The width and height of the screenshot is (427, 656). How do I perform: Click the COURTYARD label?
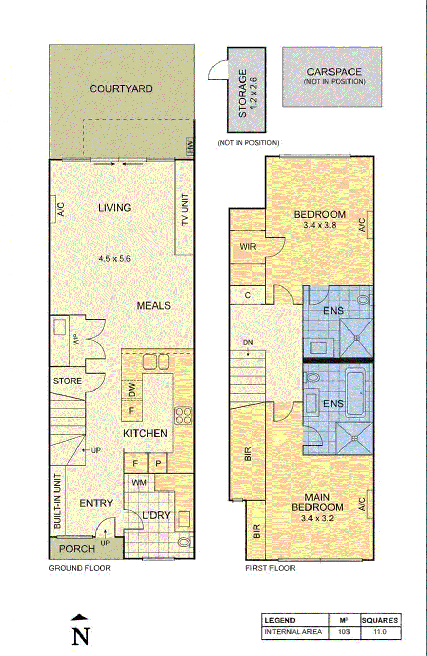pyautogui.click(x=121, y=89)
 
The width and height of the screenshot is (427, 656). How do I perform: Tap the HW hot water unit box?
pyautogui.click(x=190, y=146)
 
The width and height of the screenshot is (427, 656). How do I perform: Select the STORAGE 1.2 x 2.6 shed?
pyautogui.click(x=247, y=90)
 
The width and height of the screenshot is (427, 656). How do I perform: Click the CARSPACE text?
pyautogui.click(x=334, y=72)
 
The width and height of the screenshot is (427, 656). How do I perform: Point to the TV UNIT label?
pyautogui.click(x=185, y=210)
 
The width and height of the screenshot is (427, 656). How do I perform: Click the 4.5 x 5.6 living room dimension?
pyautogui.click(x=114, y=259)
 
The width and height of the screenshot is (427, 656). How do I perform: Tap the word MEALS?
pyautogui.click(x=153, y=306)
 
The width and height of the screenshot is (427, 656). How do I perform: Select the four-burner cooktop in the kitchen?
pyautogui.click(x=184, y=416)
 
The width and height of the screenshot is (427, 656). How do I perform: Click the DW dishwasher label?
pyautogui.click(x=132, y=390)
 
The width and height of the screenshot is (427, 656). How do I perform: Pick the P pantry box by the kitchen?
pyautogui.click(x=158, y=463)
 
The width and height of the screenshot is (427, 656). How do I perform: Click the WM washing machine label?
pyautogui.click(x=139, y=482)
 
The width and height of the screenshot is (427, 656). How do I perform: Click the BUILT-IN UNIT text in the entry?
pyautogui.click(x=58, y=501)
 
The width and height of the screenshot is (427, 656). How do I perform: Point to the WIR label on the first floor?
pyautogui.click(x=248, y=247)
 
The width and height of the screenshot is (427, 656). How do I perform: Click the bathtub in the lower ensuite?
pyautogui.click(x=356, y=393)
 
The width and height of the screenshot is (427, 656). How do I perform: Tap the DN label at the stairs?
pyautogui.click(x=248, y=342)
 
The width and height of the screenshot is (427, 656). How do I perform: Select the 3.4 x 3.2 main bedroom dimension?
pyautogui.click(x=317, y=518)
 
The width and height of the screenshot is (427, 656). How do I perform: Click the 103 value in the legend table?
pyautogui.click(x=344, y=632)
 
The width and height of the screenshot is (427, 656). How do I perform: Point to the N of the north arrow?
pyautogui.click(x=81, y=637)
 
